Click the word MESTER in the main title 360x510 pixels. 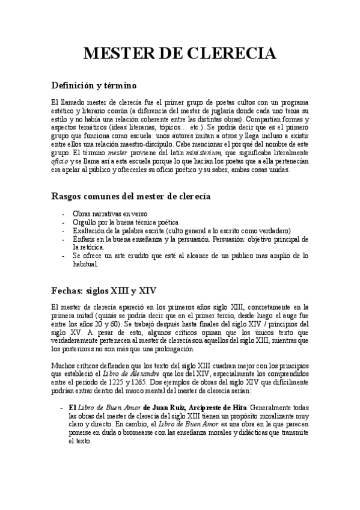[117, 54]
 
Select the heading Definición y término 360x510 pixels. [94, 85]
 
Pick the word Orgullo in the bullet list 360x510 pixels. [84, 222]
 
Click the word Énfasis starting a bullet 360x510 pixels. [85, 239]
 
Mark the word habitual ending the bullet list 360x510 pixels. [85, 264]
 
